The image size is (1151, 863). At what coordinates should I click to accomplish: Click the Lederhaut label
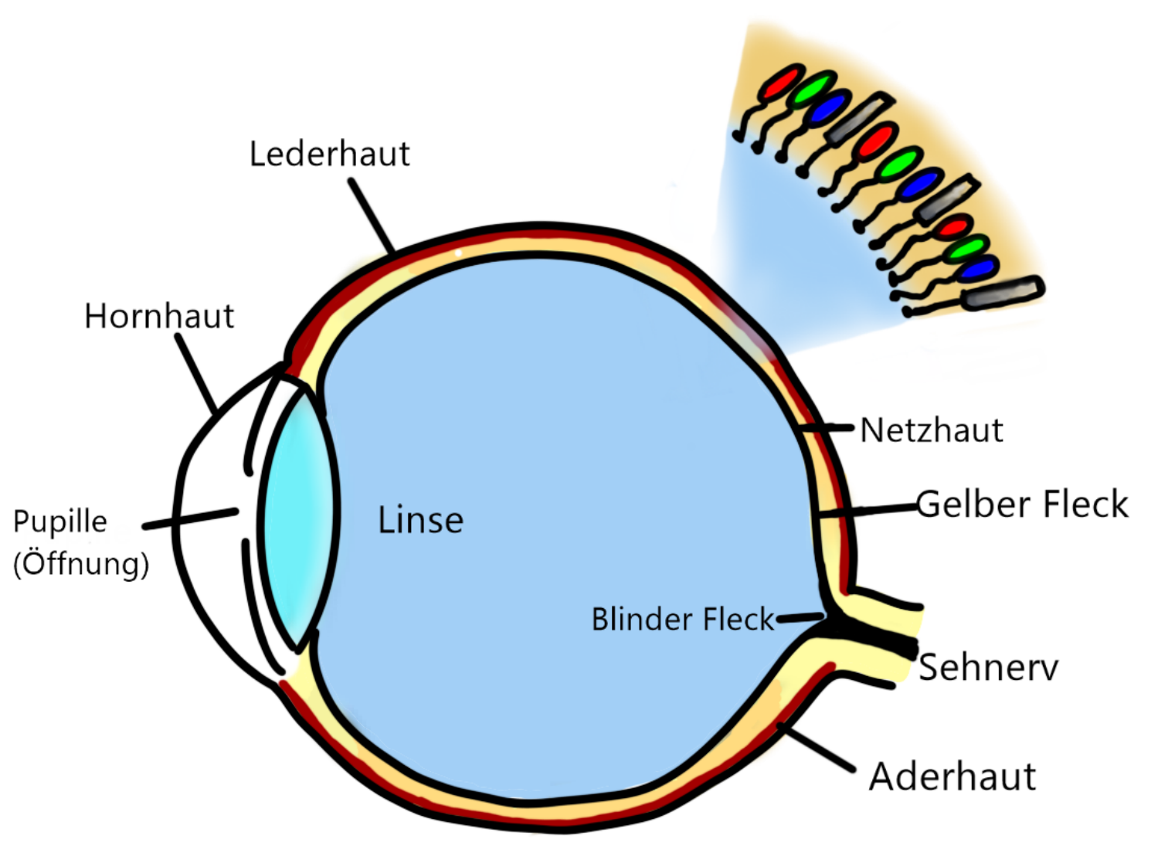pos(329,155)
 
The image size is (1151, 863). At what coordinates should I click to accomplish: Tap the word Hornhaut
pos(159,316)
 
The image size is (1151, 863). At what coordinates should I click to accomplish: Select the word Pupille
pos(60,522)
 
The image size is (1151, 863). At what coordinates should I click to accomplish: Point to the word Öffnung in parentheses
pos(81,562)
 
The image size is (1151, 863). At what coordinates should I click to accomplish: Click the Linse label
pos(420,520)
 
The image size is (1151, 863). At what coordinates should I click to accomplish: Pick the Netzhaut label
pos(932,430)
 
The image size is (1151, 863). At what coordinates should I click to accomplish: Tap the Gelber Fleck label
pos(1022,504)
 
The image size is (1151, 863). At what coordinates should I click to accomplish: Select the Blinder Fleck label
pos(682,619)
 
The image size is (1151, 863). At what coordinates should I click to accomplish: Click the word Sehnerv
pos(988,668)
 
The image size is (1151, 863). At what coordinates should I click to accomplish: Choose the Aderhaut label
pos(952,776)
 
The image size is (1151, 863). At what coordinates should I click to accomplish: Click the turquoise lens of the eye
pos(297,518)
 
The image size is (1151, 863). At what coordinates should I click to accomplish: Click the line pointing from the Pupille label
pos(190,518)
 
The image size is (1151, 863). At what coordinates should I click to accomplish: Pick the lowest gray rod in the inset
pos(1002,293)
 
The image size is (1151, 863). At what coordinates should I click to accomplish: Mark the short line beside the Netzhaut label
pos(827,427)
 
